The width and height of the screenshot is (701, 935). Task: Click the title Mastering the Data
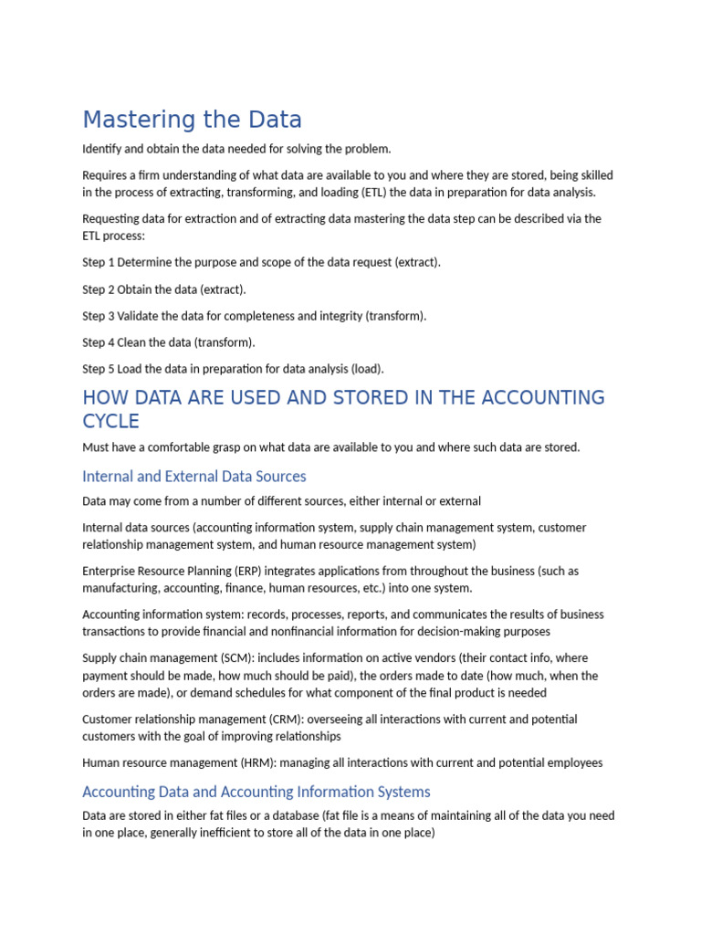[192, 120]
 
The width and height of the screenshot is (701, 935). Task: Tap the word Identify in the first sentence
[102, 149]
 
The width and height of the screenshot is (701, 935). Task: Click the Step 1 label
[99, 262]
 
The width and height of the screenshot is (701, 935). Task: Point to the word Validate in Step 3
[140, 316]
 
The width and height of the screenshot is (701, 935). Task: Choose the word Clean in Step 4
[133, 342]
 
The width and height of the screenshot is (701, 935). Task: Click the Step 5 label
[99, 369]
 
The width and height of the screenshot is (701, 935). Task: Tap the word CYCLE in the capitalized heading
[110, 421]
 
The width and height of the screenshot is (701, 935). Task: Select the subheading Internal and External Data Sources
[194, 476]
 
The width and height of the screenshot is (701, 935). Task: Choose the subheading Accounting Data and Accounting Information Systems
[256, 792]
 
